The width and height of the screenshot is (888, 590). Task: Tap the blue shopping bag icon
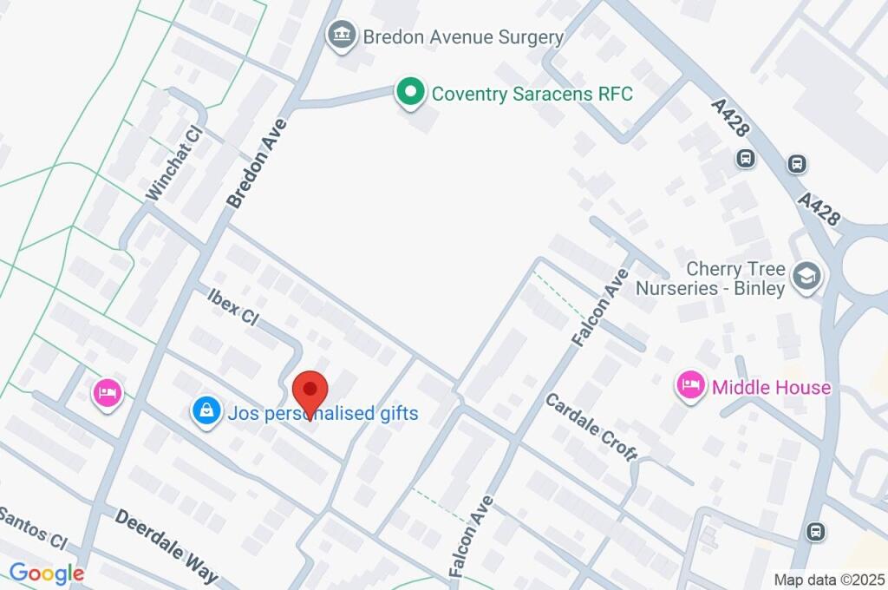(206, 411)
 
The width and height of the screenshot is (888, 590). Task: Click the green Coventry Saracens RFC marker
(409, 92)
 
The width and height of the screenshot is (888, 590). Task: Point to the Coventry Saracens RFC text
(532, 94)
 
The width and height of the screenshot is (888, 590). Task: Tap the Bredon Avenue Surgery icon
(340, 36)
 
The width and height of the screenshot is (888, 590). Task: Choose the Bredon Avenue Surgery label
(463, 37)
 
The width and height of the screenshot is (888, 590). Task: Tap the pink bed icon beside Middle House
(690, 387)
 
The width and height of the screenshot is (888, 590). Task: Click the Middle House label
(771, 387)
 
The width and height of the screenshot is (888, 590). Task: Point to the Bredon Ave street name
(257, 163)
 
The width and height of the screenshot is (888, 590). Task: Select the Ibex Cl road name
(233, 307)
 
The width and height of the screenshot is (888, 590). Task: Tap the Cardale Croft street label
(591, 428)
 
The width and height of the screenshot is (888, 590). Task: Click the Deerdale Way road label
(166, 546)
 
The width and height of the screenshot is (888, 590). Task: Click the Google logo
(47, 574)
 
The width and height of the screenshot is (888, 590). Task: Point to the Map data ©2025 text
(829, 580)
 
